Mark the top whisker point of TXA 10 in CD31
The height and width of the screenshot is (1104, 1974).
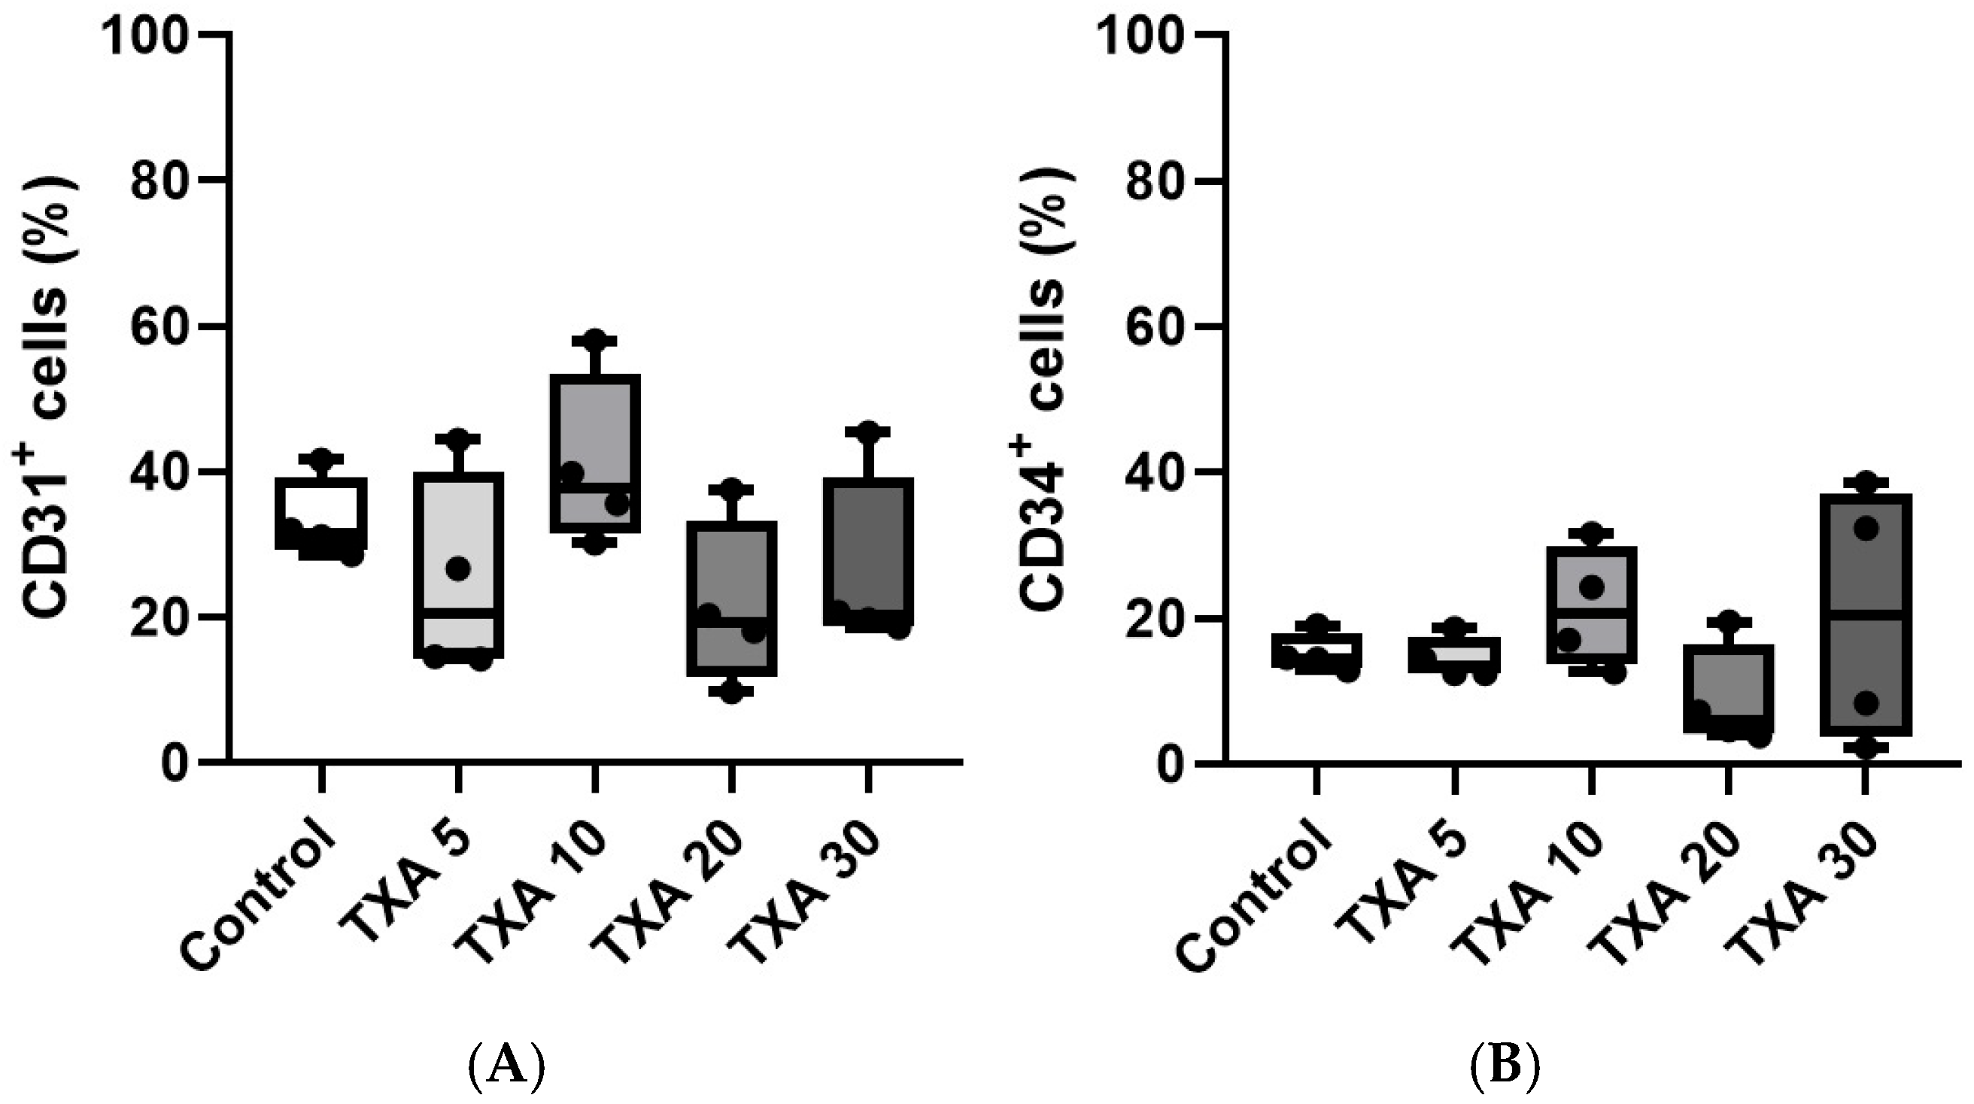click(594, 339)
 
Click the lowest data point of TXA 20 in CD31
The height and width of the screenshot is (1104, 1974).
click(732, 693)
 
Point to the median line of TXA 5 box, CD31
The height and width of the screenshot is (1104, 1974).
click(458, 613)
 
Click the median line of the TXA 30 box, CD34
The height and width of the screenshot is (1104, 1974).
click(1865, 614)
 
